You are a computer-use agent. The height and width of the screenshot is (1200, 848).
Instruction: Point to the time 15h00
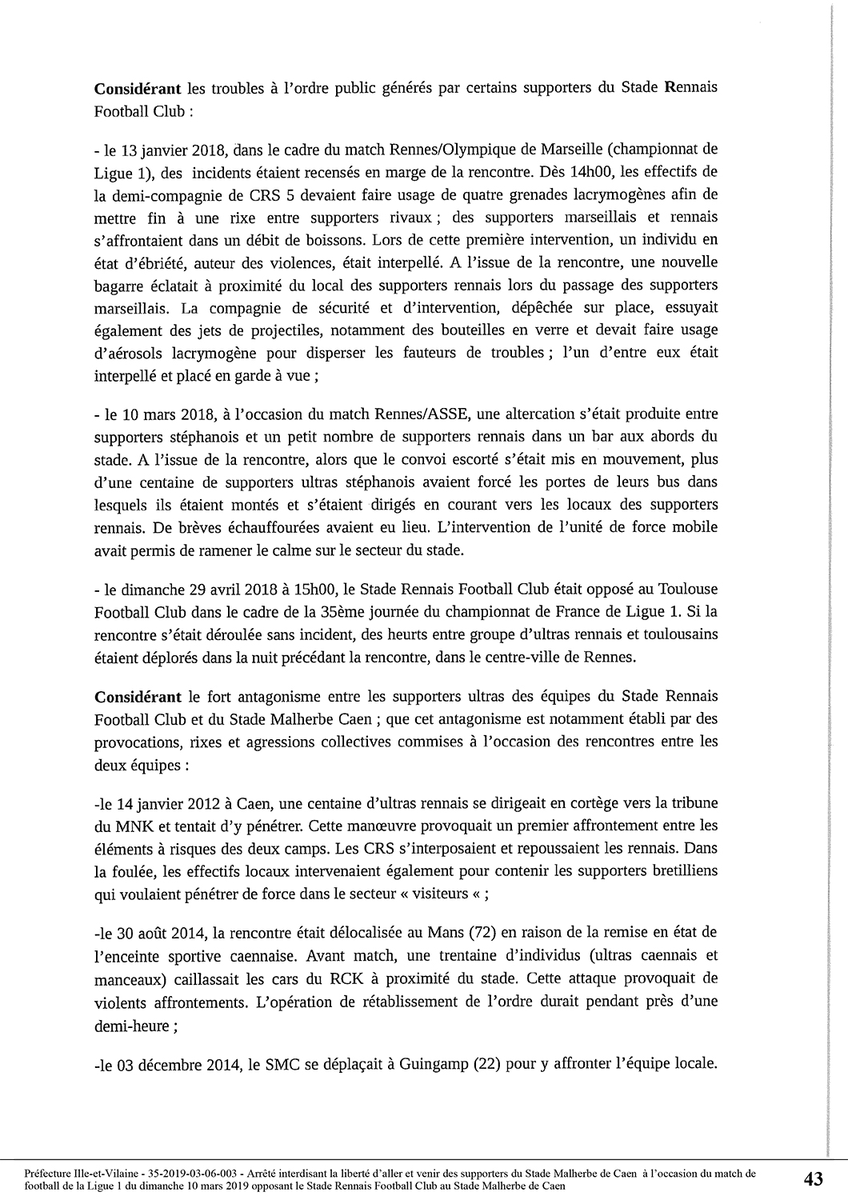318,590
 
